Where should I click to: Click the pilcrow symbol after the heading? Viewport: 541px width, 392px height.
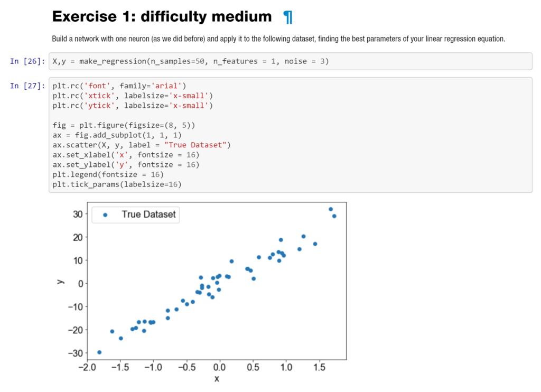pos(287,17)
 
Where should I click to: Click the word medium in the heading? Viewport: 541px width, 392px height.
pos(241,17)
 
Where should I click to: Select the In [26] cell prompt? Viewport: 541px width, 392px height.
pos(27,62)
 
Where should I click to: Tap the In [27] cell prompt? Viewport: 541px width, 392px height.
pos(27,86)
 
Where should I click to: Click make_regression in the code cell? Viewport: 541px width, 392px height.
pos(109,62)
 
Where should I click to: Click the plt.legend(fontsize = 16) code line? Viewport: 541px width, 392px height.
pos(108,174)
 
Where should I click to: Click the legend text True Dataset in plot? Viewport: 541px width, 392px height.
pos(148,214)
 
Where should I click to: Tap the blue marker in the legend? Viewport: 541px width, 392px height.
pos(105,214)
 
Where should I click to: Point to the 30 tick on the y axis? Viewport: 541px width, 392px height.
pos(78,214)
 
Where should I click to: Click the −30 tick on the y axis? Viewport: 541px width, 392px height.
pos(76,353)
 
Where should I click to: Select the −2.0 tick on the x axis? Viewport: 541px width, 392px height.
pos(84,368)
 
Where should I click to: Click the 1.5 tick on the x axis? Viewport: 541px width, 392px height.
pos(320,368)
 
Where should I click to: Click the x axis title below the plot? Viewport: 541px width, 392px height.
pos(217,379)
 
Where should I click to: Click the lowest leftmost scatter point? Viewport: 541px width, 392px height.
pos(99,352)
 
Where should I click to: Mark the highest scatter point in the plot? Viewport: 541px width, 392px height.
pos(331,209)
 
